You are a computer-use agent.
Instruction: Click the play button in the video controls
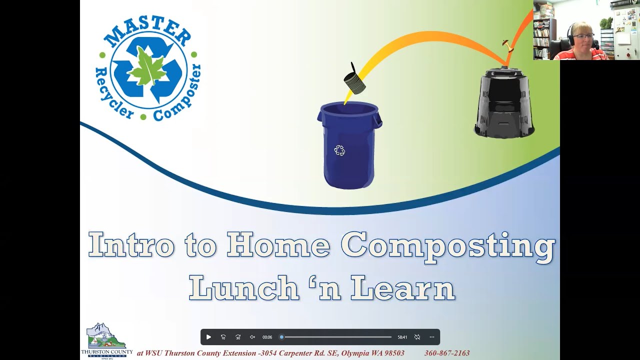[208, 337]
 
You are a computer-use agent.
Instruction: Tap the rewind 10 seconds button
[223, 337]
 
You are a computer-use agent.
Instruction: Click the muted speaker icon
[252, 337]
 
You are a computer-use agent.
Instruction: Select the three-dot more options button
[432, 337]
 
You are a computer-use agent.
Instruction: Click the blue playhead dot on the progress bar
[281, 337]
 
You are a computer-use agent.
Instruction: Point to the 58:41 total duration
[402, 337]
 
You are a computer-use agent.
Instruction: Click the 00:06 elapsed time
[267, 337]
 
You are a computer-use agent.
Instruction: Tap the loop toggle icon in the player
[417, 337]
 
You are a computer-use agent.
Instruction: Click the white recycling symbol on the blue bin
[339, 150]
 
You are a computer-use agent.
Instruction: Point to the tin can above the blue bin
[354, 81]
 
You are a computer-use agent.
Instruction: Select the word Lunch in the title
[243, 288]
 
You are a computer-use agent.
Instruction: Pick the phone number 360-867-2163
[447, 353]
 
